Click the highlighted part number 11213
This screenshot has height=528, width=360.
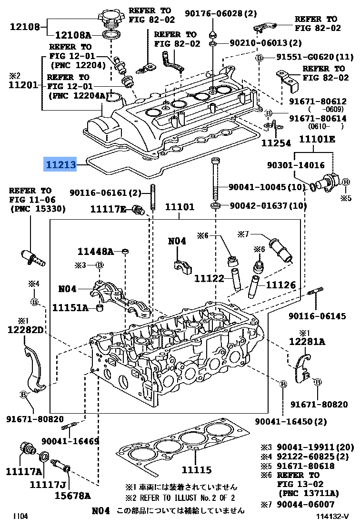coord(60,165)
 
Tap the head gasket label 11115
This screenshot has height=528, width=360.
coord(196,470)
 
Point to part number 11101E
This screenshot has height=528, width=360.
coord(317,139)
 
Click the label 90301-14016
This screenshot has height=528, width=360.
coord(296,166)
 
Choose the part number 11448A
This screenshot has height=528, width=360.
coord(96,251)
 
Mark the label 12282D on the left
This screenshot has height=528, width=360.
coord(24,330)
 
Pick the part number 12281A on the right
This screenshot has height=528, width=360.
coord(307,341)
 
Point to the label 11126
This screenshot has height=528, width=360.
coord(281,285)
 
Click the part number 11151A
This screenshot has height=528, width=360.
coord(70,308)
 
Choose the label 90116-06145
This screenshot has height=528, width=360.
coord(317,316)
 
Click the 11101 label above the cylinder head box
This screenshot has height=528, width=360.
coord(180,207)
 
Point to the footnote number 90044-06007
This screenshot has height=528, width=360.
coord(306,504)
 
